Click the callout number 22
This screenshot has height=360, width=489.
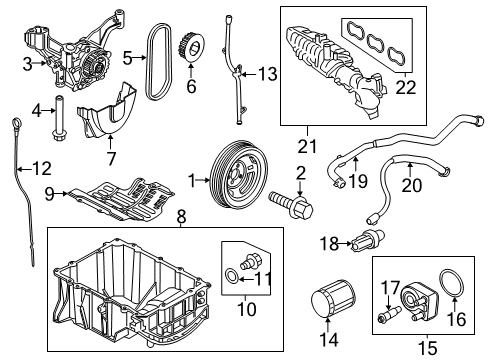click(406, 87)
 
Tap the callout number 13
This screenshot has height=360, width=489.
click(268, 74)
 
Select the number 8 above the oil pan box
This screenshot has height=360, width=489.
click(181, 217)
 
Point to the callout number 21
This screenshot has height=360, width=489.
click(307, 146)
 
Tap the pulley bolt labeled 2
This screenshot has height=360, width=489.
click(291, 204)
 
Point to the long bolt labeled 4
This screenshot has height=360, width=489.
click(59, 117)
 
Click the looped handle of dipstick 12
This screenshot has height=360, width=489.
click(17, 122)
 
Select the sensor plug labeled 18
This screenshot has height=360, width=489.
click(368, 240)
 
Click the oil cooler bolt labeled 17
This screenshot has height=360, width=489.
click(389, 315)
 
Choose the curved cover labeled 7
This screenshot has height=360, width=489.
click(107, 109)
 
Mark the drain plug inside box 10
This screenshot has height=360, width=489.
click(250, 261)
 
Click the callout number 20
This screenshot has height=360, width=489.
click(411, 185)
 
